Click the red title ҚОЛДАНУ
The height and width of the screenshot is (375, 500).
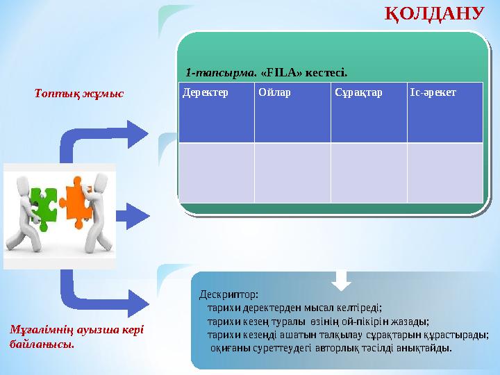tap(433, 14)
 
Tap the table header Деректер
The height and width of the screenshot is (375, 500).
tap(199, 93)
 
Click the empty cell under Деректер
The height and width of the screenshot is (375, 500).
tap(216, 172)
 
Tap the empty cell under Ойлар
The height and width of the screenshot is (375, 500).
tap(292, 172)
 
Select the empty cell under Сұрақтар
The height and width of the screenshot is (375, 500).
tap(368, 172)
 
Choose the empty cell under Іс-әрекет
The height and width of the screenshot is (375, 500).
tap(444, 172)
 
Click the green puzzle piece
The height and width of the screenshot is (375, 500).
tap(43, 205)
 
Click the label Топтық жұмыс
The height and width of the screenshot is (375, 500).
tap(79, 93)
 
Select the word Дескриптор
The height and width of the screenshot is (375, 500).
tap(228, 294)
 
